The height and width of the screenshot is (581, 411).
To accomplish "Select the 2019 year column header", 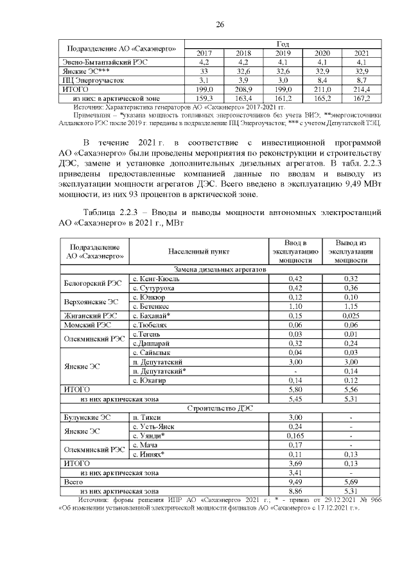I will tap(283, 53).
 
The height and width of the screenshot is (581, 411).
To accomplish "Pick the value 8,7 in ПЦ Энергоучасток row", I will tap(361, 80).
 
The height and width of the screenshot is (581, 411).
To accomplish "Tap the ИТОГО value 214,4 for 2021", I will tap(361, 89).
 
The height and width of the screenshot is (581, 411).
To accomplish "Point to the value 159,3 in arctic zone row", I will tap(204, 98).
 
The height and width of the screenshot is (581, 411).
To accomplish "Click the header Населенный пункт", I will tap(198, 252).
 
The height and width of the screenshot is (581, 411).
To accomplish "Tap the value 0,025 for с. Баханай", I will tap(351, 316).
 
